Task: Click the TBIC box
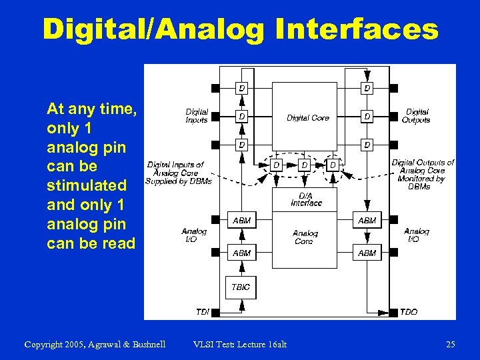pyautogui.click(x=241, y=287)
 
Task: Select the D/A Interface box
pyautogui.click(x=305, y=199)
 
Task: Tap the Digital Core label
pyautogui.click(x=307, y=118)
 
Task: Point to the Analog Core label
pyautogui.click(x=305, y=237)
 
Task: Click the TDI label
pyautogui.click(x=203, y=312)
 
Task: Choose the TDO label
pyautogui.click(x=408, y=312)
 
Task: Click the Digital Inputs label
pyautogui.click(x=197, y=116)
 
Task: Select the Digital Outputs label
pyautogui.click(x=416, y=116)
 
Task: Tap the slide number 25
pyautogui.click(x=450, y=344)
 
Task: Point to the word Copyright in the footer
pyautogui.click(x=46, y=344)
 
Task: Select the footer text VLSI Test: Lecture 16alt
pyautogui.click(x=239, y=344)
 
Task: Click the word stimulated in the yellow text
pyautogui.click(x=87, y=183)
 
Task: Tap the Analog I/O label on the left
pyautogui.click(x=194, y=235)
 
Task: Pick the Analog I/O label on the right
pyautogui.click(x=416, y=235)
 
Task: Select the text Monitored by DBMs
pyautogui.click(x=421, y=182)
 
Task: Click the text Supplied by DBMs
pyautogui.click(x=179, y=181)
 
